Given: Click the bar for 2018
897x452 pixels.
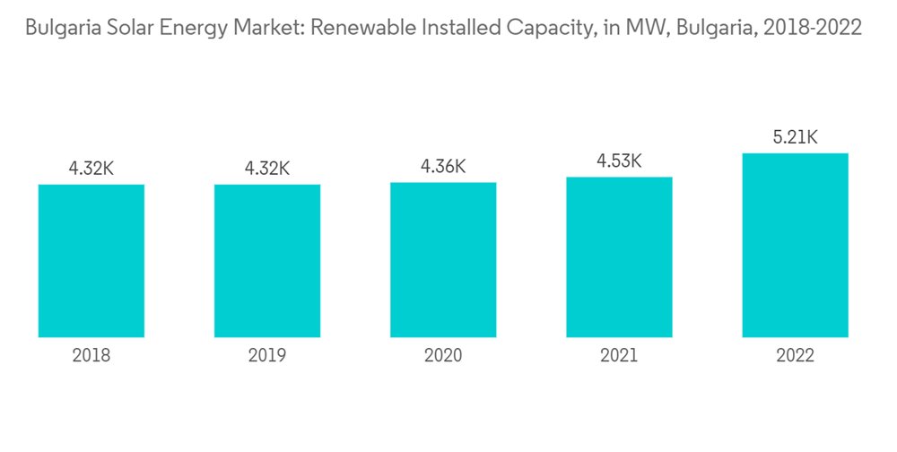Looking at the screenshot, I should pos(91,261).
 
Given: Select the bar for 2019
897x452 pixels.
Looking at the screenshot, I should pos(267,261).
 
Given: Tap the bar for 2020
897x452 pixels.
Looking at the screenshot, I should pos(443,260).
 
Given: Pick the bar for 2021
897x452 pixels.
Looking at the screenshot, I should pos(619,257).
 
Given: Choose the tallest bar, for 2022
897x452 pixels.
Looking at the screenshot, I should pos(795,245).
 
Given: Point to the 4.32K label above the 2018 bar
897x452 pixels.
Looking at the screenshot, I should pos(91,168).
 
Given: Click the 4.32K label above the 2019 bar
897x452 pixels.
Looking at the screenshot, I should pos(267,168).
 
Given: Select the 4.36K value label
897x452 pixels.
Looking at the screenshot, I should pos(443,166).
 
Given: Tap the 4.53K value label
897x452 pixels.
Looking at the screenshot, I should pos(619,161).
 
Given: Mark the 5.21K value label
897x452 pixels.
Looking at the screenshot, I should pos(795,137).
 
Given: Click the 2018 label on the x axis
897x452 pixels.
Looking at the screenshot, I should pos(91,356).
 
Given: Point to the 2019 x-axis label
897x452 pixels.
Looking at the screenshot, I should pos(267,356).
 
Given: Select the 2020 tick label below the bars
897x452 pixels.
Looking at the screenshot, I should pos(443,356).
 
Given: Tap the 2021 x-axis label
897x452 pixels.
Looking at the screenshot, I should pos(619,356).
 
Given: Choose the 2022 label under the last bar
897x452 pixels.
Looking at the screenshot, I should pos(795,356).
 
